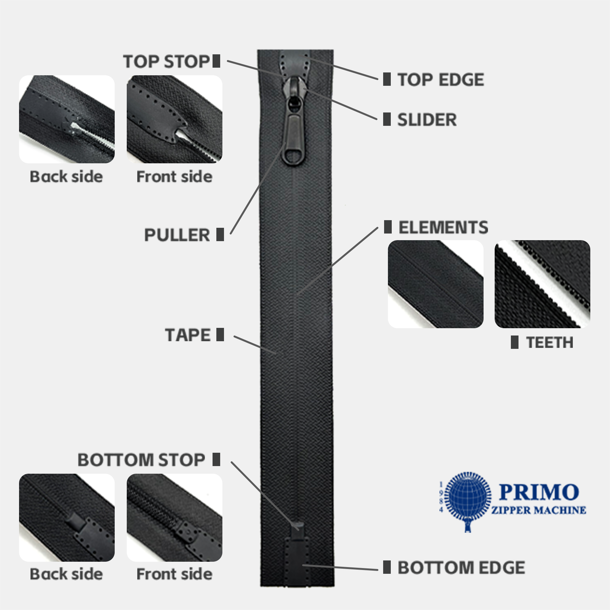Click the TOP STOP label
tap(166, 61)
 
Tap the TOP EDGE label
tap(441, 79)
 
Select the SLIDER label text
tap(427, 120)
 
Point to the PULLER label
tap(177, 235)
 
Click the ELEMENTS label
tap(443, 227)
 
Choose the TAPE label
tap(187, 335)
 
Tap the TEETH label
tap(550, 342)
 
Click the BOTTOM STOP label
tap(141, 460)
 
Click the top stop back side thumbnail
tap(67, 119)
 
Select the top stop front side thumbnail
tap(174, 119)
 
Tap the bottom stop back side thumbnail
tap(67, 518)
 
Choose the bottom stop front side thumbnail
tap(174, 518)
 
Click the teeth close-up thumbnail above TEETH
tap(542, 284)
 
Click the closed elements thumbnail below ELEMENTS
tap(436, 284)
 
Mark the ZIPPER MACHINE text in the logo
tap(539, 510)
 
